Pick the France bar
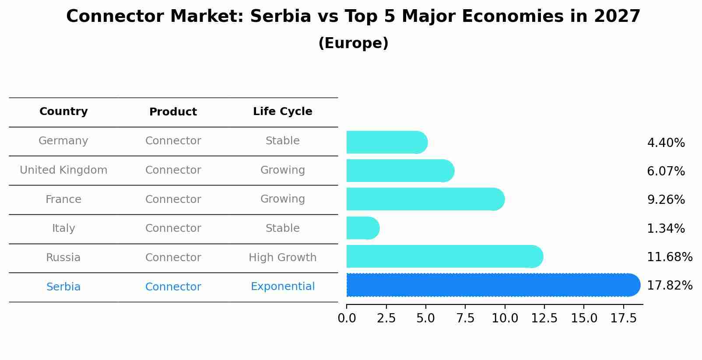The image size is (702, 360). coord(425,199)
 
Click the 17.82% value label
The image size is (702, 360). coord(669,286)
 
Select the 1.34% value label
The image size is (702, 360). coord(666,228)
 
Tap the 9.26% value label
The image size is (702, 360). coord(666,200)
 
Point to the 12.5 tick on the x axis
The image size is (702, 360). coord(544,318)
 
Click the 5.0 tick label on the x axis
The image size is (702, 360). coord(426,318)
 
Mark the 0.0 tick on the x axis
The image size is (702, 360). coord(347,318)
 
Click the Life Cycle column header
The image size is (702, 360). coord(283,112)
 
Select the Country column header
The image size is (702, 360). coord(63,112)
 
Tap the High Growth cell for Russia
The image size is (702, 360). coord(283,258)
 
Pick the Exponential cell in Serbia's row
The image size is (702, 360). coord(283,287)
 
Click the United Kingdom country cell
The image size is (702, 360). coord(63,170)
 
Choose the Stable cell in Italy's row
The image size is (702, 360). coord(283,228)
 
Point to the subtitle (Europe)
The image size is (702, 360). coord(353,43)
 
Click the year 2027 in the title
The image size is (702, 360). coord(617,17)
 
